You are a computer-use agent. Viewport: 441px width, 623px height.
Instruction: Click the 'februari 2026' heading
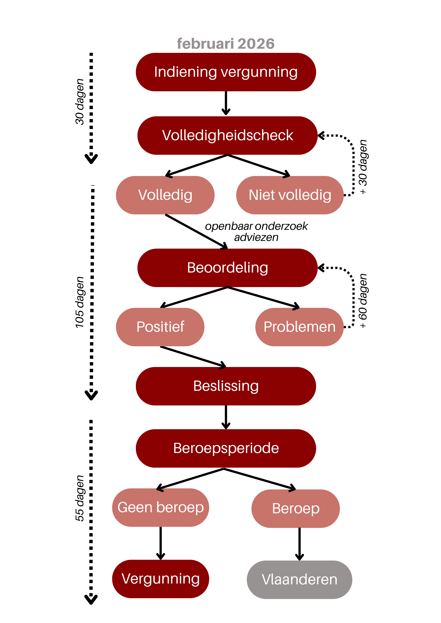pos(226,44)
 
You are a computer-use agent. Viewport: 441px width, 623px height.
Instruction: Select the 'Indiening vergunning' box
pos(226,72)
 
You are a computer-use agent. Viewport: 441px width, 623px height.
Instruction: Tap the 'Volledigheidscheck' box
pos(227,135)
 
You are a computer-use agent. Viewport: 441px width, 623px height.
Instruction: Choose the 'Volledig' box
pos(165,195)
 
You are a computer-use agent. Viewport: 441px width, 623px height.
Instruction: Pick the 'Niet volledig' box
pos(290,195)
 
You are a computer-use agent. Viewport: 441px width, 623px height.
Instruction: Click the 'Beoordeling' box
pos(227,268)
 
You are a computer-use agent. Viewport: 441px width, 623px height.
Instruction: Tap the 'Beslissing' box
pos(226,386)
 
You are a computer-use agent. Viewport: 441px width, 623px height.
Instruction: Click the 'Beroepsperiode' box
pos(226,448)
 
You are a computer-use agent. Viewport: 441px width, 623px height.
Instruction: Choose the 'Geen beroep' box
pos(161,507)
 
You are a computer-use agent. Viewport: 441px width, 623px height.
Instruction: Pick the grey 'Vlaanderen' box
pos(299,580)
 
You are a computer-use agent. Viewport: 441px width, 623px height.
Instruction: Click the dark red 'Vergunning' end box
pos(161,579)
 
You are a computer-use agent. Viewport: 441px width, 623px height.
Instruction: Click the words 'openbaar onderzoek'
pos(256,226)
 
